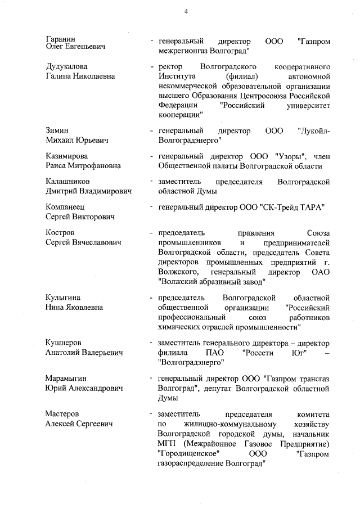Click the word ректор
click(x=172, y=67)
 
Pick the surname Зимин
click(x=57, y=130)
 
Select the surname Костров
click(x=60, y=233)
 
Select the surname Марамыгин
click(x=66, y=379)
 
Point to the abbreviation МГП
click(x=169, y=443)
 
